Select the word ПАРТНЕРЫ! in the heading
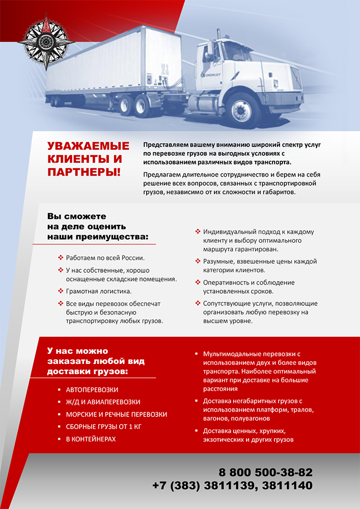tap(84, 172)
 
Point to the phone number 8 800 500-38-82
tap(266, 471)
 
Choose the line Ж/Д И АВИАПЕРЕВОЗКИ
tap(103, 402)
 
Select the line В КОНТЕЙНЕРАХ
tap(91, 439)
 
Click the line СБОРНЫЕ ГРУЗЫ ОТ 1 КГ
tap(103, 427)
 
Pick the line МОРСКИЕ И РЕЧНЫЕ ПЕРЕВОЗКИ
tap(117, 414)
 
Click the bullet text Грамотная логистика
tap(99, 292)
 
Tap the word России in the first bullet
tap(133, 258)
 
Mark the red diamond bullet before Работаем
tap(61, 258)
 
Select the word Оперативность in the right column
tap(225, 282)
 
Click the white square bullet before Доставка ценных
tap(197, 431)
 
